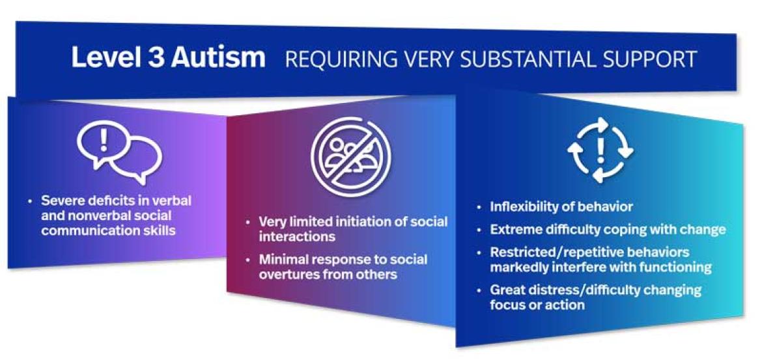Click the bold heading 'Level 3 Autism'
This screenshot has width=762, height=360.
tap(168, 58)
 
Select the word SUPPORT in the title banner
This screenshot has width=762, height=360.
tap(647, 59)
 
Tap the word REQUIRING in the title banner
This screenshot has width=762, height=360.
tap(330, 59)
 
